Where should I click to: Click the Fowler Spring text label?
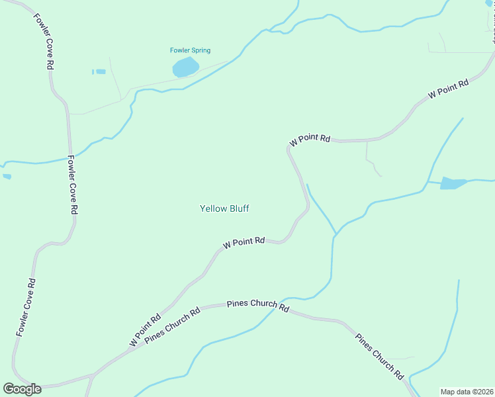[190, 50]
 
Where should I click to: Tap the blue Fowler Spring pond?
[185, 67]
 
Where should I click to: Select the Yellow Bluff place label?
[224, 208]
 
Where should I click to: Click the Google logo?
[22, 389]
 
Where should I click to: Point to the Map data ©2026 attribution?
[467, 392]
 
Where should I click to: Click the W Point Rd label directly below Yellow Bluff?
[244, 243]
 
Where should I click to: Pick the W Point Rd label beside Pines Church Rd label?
[146, 330]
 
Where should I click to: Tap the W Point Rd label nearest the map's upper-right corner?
[448, 89]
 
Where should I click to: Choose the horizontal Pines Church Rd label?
[258, 305]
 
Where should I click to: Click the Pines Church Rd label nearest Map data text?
[380, 357]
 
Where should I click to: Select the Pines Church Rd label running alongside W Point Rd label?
[172, 325]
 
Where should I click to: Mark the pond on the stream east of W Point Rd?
[453, 183]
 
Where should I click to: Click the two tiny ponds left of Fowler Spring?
[99, 71]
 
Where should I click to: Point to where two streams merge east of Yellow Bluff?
[336, 234]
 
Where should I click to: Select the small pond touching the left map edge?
[7, 177]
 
